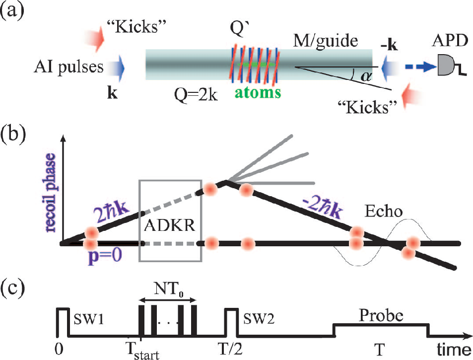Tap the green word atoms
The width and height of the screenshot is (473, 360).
coord(258,92)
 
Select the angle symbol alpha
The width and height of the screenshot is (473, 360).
coord(366,76)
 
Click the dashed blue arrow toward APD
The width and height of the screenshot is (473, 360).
coord(420,67)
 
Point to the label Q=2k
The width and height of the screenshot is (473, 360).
coord(196,95)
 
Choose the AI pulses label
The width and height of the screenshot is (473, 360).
coord(68,67)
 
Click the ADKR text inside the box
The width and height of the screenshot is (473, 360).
coord(170,225)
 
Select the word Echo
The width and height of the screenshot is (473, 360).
coord(383,211)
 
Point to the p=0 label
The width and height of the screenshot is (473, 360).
coord(105,256)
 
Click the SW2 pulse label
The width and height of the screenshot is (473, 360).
coord(259,319)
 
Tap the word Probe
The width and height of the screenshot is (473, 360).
coord(381,316)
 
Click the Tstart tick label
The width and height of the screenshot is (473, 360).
coord(142,351)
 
